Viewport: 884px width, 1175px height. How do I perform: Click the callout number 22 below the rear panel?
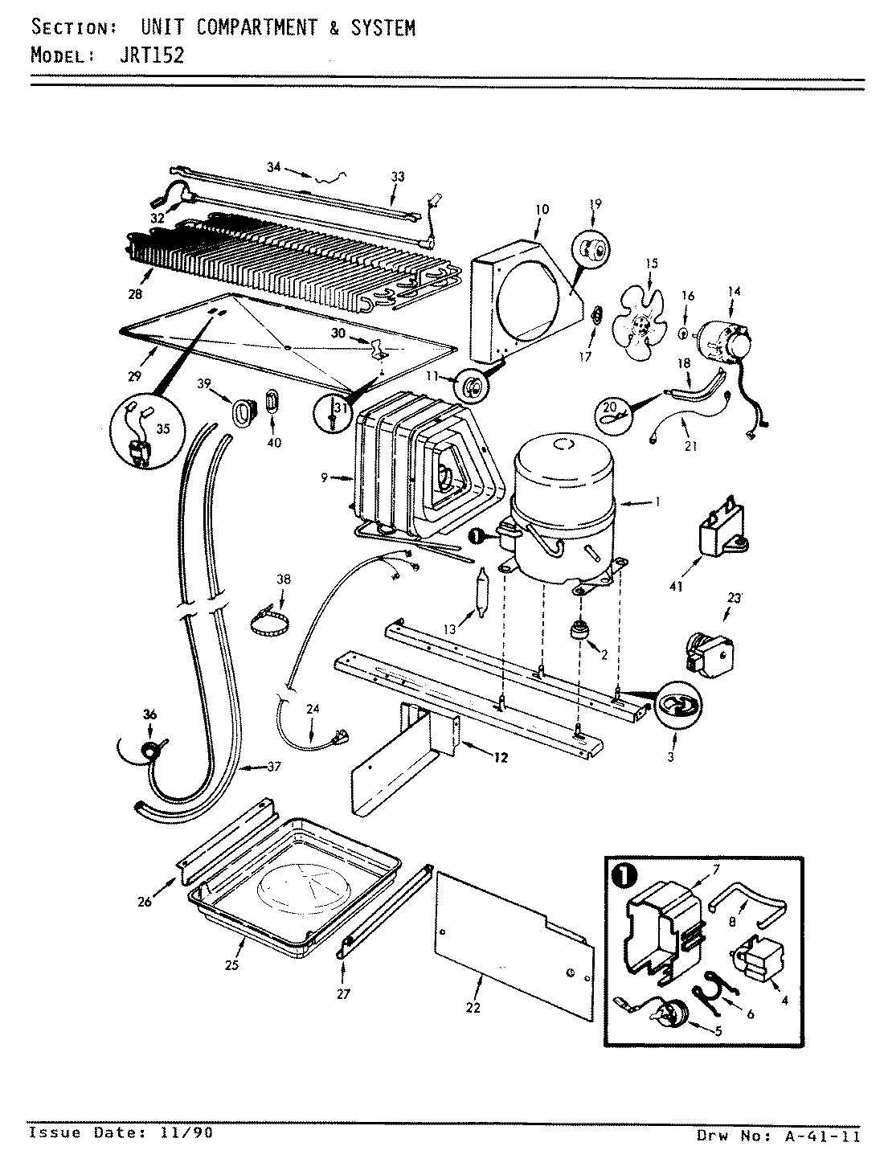click(x=473, y=1007)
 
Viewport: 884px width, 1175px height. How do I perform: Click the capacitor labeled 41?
click(x=722, y=531)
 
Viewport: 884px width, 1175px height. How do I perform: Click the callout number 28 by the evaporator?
click(x=134, y=294)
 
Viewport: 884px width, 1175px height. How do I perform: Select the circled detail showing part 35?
click(x=145, y=434)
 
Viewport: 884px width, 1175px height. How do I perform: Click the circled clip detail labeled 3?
click(x=674, y=706)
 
